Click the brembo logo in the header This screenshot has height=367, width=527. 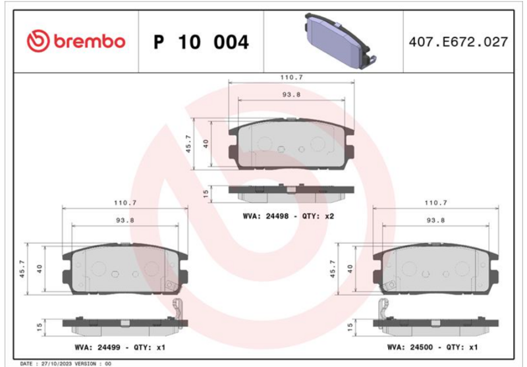(76, 41)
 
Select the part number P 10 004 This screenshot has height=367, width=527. (201, 42)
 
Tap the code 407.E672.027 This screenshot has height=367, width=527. (458, 42)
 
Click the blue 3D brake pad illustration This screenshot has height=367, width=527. (340, 40)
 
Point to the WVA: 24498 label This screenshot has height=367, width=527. (265, 216)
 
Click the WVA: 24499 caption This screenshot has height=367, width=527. (97, 347)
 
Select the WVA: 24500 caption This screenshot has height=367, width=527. (410, 347)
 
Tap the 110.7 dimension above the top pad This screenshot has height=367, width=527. (291, 77)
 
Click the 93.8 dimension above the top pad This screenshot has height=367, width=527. (291, 95)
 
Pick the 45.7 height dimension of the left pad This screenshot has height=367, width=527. (22, 269)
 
